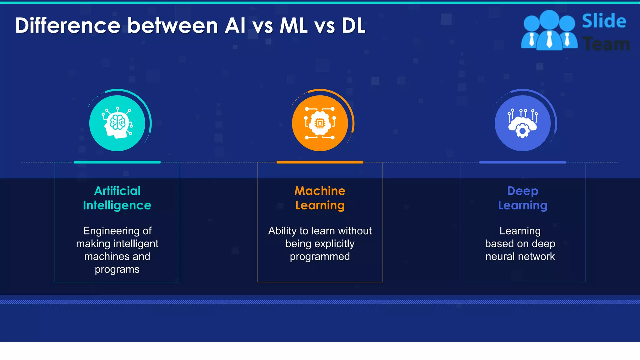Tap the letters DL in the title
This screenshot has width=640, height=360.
coord(353,25)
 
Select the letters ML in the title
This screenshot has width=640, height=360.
coord(293,25)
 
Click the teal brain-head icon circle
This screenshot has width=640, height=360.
coord(117,123)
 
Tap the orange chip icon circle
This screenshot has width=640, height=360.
coord(320,123)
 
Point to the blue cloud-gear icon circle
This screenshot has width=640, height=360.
coord(522,123)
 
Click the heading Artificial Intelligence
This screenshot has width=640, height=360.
coord(117,198)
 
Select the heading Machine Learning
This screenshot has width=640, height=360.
coord(320,198)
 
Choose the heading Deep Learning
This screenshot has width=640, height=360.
coord(522,198)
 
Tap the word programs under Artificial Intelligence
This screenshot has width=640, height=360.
coord(117,269)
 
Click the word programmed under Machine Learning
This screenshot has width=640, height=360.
coord(320,257)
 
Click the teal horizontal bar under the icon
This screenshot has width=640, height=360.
coord(117,162)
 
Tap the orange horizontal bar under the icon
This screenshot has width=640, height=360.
coord(320,162)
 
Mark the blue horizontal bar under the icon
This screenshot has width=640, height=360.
coord(522,162)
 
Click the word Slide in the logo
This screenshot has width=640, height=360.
coord(604,21)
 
